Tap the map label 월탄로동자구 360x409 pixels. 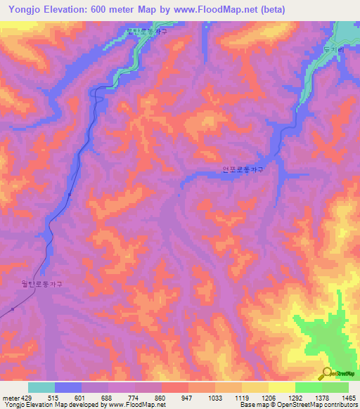(x=41, y=284)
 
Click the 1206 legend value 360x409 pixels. (x=269, y=397)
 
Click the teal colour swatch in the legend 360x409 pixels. (x=41, y=387)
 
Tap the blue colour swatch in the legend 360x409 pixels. (x=68, y=387)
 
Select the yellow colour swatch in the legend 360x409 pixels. (x=281, y=387)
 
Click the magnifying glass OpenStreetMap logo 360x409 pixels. (x=326, y=372)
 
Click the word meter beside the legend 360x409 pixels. (x=11, y=397)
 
